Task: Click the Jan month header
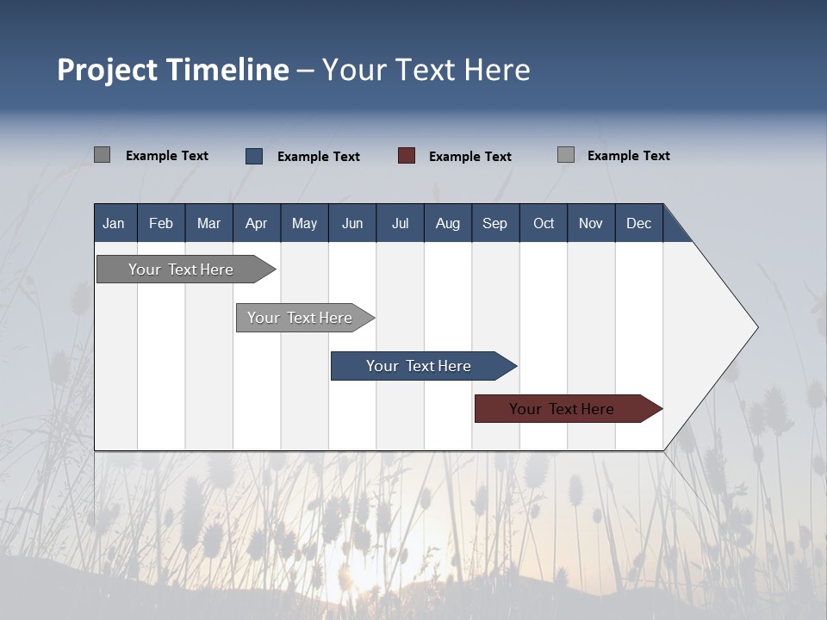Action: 114,223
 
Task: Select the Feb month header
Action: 161,223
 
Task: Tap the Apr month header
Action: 256,223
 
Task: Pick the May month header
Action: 304,223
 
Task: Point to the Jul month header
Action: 400,223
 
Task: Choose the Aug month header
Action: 448,223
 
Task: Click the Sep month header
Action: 494,223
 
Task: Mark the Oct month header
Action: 544,223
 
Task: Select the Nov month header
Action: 591,223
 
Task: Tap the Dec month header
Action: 638,223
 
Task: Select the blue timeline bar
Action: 420,366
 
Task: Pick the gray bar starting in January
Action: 182,270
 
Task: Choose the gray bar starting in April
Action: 301,318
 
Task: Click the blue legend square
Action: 254,156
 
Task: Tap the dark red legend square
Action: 407,156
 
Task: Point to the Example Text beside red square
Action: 469,157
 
